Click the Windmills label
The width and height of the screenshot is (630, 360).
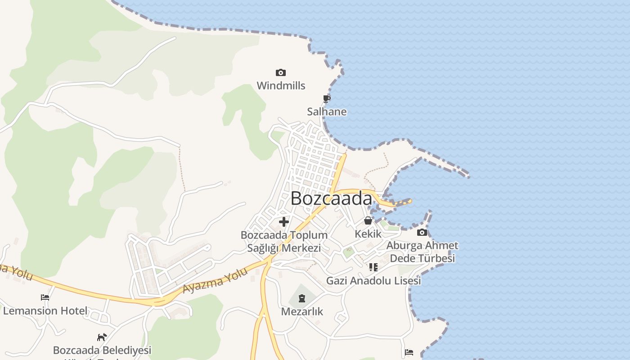(281, 85)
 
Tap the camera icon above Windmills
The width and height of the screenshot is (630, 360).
(281, 72)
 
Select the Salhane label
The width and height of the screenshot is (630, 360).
(327, 112)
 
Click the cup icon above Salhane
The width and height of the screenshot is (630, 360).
(327, 99)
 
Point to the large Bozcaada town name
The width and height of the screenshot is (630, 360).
(331, 198)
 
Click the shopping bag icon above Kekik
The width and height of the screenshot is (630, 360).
(368, 220)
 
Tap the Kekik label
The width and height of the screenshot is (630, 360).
(368, 234)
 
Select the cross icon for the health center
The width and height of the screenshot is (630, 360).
(284, 221)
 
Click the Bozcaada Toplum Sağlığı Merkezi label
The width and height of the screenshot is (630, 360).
(284, 242)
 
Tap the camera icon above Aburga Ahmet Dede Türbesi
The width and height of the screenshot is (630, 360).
(422, 232)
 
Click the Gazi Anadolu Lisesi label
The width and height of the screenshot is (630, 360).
(373, 281)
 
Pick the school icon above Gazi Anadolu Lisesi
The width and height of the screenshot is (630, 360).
(373, 267)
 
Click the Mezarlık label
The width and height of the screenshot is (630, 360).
(302, 311)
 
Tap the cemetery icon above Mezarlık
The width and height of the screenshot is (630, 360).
(301, 298)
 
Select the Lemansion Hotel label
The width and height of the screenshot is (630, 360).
(45, 310)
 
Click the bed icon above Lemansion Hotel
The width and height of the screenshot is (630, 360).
(45, 297)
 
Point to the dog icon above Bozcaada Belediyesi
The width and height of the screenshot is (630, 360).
(102, 337)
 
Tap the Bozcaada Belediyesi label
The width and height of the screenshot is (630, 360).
(102, 350)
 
